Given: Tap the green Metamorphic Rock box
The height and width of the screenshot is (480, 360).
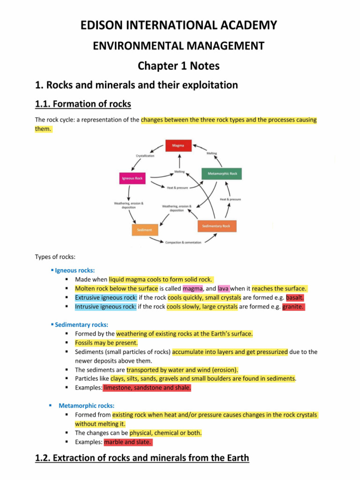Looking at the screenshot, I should coord(222,173).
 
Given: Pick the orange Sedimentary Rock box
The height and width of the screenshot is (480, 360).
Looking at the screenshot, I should coord(217,226).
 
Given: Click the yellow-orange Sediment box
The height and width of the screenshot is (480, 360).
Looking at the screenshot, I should coord(144,230).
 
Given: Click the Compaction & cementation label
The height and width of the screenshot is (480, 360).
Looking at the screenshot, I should coord(183,242).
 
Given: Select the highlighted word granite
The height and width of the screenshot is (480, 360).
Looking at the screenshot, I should coord(293,307).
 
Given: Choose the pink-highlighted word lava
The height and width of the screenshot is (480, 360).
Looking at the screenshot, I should coord(223,289).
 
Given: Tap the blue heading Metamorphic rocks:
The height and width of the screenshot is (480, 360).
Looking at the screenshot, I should coord(86,405).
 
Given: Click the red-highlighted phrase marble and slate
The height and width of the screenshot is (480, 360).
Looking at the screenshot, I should coord(128,442).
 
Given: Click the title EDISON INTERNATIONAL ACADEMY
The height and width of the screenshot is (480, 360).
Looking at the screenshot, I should coord(180,25).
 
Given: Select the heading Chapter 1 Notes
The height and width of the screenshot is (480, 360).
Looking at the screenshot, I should coord(179,66).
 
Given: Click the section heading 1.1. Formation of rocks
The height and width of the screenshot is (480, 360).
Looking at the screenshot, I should coord(83,104).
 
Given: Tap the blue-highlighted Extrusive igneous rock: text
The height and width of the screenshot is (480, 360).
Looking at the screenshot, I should coord(106,298).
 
